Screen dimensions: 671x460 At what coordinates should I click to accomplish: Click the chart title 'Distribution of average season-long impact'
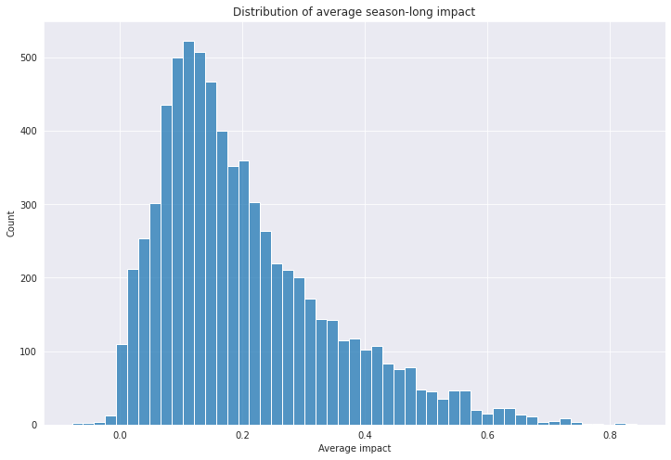click(354, 12)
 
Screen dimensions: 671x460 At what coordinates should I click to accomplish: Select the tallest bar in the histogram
click(188, 233)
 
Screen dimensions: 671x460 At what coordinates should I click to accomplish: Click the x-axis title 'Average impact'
click(355, 449)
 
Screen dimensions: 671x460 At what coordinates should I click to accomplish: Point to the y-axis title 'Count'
click(11, 224)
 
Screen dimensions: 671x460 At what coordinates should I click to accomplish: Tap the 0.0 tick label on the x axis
click(120, 435)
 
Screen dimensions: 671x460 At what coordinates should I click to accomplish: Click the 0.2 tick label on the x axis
click(242, 435)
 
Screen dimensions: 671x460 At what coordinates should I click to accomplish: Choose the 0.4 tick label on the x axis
click(365, 435)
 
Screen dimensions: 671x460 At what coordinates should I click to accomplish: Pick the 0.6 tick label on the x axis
click(487, 435)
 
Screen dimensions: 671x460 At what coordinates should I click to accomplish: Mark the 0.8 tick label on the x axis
click(611, 435)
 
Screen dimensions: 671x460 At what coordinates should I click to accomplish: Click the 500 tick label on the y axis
click(29, 57)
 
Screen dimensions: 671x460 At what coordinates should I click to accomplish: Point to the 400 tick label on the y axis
click(29, 132)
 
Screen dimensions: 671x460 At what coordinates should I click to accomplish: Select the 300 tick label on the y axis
click(29, 205)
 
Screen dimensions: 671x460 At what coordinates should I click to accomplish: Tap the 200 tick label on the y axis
click(29, 278)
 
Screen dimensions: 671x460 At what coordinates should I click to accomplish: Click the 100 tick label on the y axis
click(29, 351)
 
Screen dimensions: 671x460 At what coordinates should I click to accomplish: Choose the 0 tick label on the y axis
click(34, 426)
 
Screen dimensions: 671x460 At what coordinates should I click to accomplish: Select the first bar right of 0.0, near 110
click(122, 385)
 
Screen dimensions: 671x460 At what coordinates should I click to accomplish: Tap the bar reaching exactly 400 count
click(222, 278)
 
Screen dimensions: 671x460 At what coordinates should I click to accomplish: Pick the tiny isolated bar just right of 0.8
click(620, 424)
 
